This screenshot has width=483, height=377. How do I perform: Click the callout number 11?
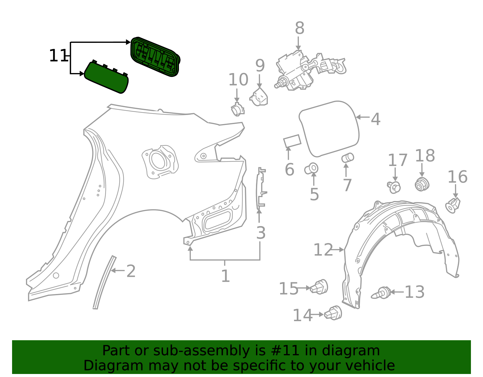pyautogui.click(x=58, y=56)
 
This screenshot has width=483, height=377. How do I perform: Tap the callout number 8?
pyautogui.click(x=299, y=28)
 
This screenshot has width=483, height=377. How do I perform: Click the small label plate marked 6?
pyautogui.click(x=292, y=141)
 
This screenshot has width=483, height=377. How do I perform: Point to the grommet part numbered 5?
pyautogui.click(x=312, y=168)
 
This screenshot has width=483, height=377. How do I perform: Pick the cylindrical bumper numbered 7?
pyautogui.click(x=347, y=158)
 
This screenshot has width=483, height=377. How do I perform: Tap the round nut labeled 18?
pyautogui.click(x=422, y=184)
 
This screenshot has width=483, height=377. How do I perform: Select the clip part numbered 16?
pyautogui.click(x=453, y=205)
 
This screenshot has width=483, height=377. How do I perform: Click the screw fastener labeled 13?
pyautogui.click(x=381, y=293)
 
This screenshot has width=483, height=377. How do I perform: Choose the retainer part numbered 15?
pyautogui.click(x=320, y=287)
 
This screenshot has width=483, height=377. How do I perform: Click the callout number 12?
pyautogui.click(x=323, y=250)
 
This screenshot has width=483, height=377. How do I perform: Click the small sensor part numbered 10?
pyautogui.click(x=238, y=110)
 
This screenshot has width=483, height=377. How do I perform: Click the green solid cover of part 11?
pyautogui.click(x=106, y=78)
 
